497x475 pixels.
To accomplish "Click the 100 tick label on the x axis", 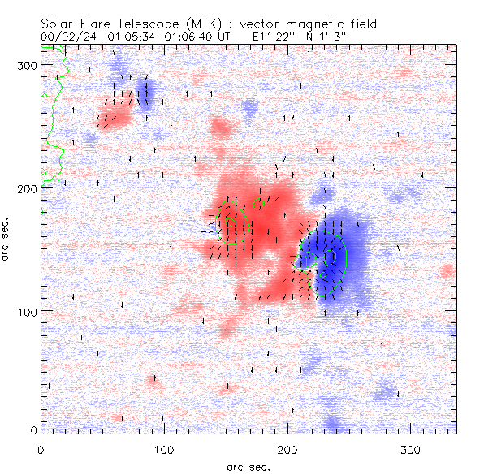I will point(164,449).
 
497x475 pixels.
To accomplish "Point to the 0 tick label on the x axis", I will point(41,449).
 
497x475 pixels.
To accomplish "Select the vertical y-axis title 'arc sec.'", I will point(6,240).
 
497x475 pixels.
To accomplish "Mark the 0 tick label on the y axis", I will point(34,430).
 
